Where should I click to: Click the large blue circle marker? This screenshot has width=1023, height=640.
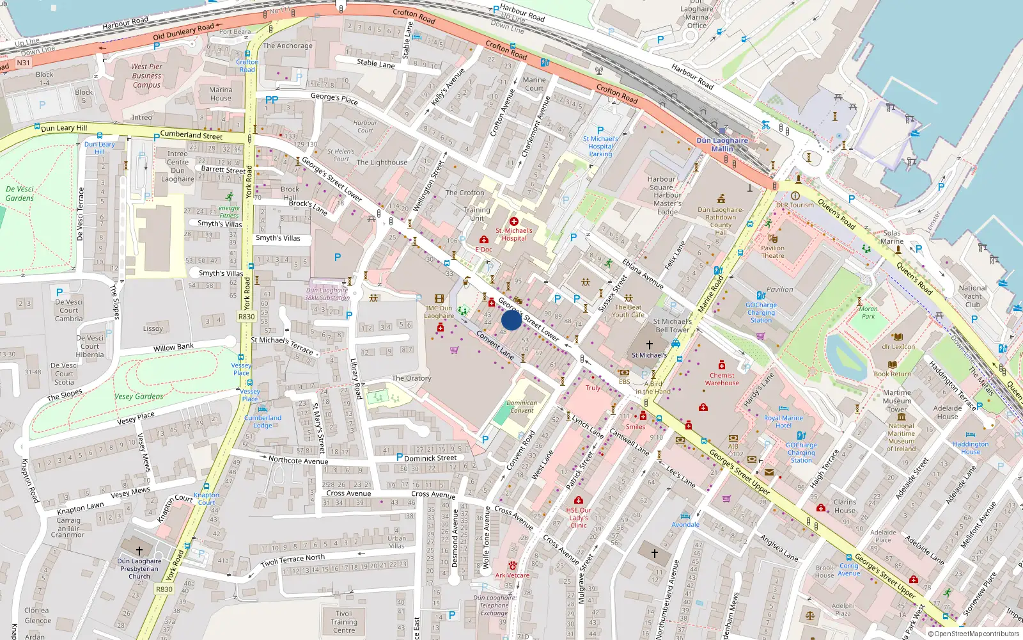coord(511,320)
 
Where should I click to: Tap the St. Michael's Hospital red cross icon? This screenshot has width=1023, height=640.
coord(513,221)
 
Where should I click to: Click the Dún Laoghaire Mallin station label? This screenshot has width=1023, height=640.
coord(722,145)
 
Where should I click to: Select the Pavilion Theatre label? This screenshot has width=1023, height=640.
coord(772,252)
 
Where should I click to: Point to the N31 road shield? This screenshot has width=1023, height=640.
coord(24,63)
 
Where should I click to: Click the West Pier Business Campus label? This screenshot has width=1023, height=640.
coord(146,76)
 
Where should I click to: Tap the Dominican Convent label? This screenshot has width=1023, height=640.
coord(522,407)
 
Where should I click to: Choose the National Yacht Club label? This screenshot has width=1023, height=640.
coord(972,296)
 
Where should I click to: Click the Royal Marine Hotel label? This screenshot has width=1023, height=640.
coord(783,421)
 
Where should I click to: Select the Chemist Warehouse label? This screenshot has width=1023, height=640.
coord(722,380)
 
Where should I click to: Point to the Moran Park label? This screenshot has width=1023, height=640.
coord(868,312)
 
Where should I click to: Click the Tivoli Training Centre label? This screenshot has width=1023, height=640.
coord(344,621)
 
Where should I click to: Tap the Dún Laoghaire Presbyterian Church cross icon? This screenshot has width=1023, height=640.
coord(139,550)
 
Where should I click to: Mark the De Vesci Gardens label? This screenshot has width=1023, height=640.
coord(20,193)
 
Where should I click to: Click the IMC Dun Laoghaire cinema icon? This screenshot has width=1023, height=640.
coord(439,298)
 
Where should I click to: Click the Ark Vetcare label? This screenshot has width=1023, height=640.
coord(512,575)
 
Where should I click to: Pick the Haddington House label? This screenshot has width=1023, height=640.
coord(970,448)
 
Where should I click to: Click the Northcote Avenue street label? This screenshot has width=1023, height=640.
coord(298,460)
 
